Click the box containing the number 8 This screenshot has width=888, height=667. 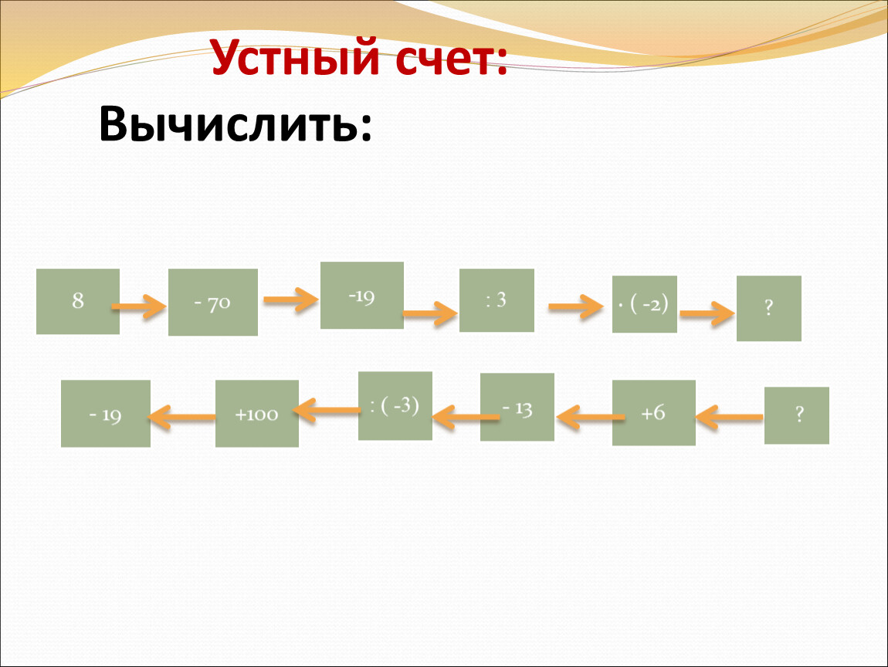[x=78, y=301]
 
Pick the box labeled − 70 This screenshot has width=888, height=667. [x=213, y=302]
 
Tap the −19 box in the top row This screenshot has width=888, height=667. [x=362, y=295]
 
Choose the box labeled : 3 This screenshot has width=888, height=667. [x=497, y=300]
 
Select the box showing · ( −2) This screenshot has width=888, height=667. [x=645, y=304]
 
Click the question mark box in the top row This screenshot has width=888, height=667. [x=769, y=308]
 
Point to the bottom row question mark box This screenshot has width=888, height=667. [x=797, y=415]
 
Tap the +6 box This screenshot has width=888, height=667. [x=653, y=413]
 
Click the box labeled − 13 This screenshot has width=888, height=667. [x=517, y=407]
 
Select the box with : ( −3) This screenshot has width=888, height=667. [x=395, y=406]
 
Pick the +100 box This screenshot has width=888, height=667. [x=257, y=414]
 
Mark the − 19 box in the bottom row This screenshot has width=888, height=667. [x=106, y=414]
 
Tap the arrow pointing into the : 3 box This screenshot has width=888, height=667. [x=430, y=313]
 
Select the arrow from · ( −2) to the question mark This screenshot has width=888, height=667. [x=706, y=314]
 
